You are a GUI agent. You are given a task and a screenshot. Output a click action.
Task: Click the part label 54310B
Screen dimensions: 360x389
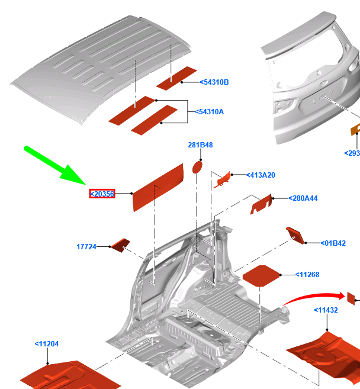coord(214,82)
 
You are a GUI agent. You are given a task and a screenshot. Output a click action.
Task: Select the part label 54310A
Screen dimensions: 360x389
coord(209,112)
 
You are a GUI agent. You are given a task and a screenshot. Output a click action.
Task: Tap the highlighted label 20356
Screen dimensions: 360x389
coord(102,194)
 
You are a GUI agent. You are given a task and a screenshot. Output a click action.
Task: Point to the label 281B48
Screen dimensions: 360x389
coord(200,145)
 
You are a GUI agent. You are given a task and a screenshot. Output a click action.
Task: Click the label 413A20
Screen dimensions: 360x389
coord(261,175)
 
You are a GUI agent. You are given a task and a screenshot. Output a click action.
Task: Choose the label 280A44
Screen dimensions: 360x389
coord(303,198)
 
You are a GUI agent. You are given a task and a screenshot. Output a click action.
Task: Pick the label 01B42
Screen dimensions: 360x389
coord(333,243)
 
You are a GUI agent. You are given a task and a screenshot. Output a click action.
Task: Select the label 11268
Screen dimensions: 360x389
coord(307,275)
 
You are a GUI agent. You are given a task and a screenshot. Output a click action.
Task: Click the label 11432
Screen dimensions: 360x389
coord(326,310)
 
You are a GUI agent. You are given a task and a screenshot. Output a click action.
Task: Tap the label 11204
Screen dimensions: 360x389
coord(47,344)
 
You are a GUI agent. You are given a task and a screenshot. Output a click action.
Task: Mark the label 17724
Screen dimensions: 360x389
coord(86,246)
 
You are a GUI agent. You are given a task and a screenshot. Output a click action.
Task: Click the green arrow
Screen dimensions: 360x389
coord(55,165)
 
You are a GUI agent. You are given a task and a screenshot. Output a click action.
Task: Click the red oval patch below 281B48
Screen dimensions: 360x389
coord(197,167)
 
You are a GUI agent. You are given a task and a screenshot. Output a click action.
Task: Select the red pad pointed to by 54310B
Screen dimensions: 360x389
coord(176,78)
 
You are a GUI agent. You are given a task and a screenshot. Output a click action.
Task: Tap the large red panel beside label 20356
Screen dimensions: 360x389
coord(158,188)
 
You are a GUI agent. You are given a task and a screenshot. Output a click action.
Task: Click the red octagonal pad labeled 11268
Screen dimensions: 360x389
coord(261,276)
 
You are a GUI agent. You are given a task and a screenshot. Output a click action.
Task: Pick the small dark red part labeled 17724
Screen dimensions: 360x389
coord(121,245)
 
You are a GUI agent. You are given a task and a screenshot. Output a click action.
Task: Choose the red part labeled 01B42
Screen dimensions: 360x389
coord(295,235)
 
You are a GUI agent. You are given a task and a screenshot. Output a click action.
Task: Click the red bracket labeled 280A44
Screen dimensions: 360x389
coord(261,204)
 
